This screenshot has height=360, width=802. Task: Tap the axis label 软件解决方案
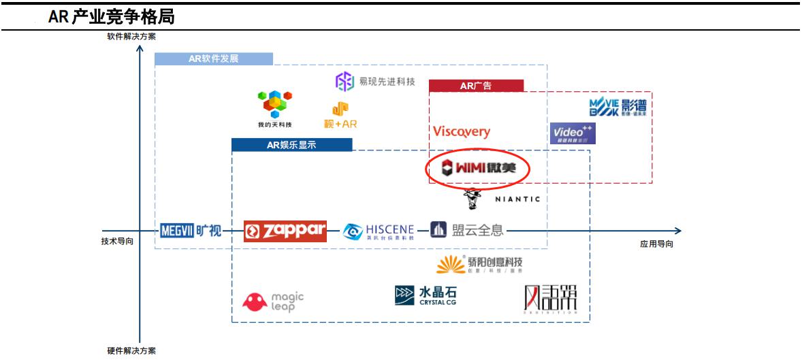point(131,37)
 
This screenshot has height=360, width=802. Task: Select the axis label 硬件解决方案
point(131,350)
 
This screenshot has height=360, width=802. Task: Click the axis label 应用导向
point(656,244)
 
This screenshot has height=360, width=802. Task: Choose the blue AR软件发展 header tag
point(214,59)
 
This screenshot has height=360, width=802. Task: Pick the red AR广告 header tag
point(476,86)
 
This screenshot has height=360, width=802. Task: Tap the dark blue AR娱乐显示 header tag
point(291,144)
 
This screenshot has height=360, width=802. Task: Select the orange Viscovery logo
point(461,131)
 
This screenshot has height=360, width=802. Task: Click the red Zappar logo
point(285,231)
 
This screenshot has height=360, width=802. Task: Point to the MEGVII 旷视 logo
point(191,231)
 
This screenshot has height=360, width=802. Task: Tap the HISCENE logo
point(379,231)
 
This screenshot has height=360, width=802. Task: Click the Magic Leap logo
point(274,301)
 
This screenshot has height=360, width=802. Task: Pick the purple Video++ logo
point(573,133)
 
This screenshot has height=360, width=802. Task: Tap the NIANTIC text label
point(517,199)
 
